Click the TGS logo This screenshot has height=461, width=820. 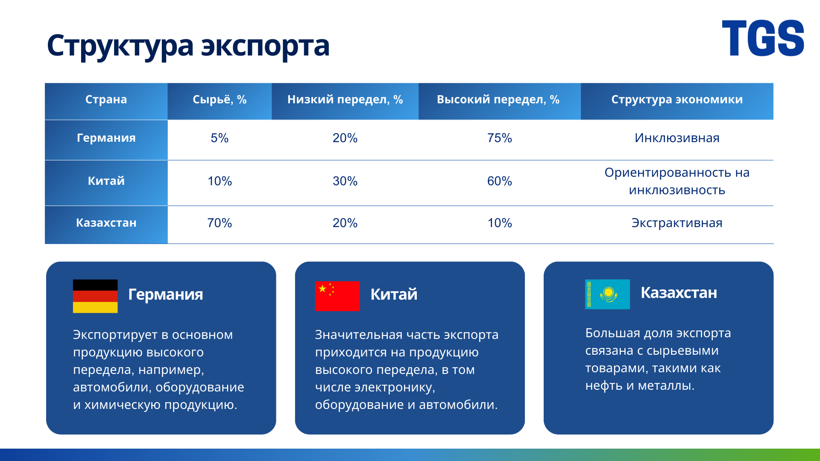[x=763, y=38]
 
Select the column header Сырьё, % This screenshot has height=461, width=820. [x=220, y=99]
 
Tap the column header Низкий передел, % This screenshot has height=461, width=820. [x=345, y=99]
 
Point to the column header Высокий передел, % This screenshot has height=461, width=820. [x=498, y=99]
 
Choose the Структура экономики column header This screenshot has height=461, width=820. [x=677, y=99]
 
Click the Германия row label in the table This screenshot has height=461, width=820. [x=106, y=138]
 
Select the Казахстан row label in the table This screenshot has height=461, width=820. [x=106, y=223]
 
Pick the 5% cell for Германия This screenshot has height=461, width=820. [x=220, y=138]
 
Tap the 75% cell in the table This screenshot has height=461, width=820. [x=500, y=138]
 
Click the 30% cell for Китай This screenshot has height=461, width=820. [x=345, y=181]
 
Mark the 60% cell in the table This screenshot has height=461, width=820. [x=500, y=181]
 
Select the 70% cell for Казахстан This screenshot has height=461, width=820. [x=220, y=223]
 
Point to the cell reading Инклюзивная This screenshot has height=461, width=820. [x=677, y=138]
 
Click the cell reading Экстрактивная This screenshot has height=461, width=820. [x=677, y=223]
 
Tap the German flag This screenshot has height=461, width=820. [x=95, y=296]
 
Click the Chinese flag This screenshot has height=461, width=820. [x=337, y=296]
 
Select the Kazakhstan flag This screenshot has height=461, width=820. [x=607, y=294]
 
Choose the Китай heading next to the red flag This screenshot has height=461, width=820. [x=394, y=295]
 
